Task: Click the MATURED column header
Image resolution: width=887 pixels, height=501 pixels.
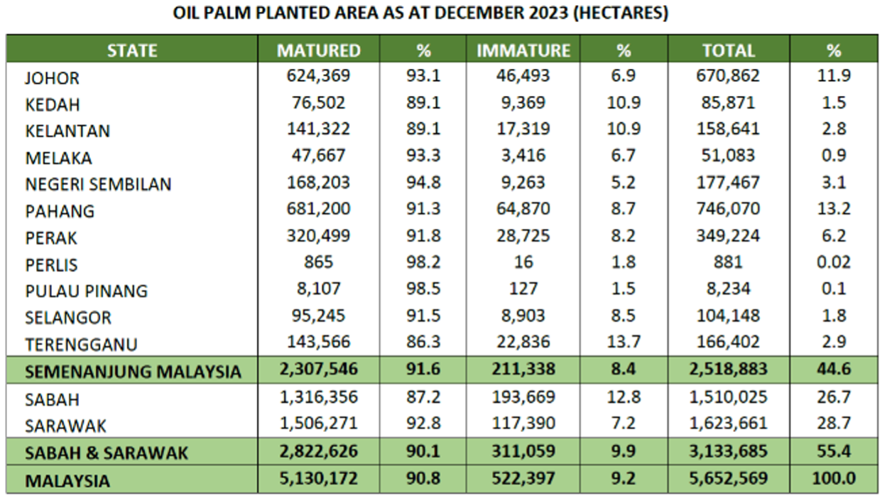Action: (319, 50)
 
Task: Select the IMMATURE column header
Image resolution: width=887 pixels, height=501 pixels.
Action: (523, 50)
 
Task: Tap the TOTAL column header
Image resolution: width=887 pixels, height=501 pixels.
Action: (728, 50)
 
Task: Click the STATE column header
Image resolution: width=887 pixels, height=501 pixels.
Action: (132, 50)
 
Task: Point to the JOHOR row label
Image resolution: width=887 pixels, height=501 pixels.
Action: (53, 78)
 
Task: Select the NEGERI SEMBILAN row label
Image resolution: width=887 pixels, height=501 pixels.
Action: (98, 184)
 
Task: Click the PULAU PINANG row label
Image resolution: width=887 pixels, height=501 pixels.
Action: (87, 291)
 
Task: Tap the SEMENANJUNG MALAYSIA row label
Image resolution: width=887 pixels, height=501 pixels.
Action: (133, 371)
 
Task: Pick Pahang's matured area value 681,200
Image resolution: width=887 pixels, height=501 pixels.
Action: (319, 209)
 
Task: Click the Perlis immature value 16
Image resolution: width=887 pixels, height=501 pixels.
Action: (523, 262)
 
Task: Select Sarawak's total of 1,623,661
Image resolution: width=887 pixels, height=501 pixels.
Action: (728, 424)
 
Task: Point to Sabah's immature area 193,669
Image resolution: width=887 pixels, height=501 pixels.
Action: (523, 397)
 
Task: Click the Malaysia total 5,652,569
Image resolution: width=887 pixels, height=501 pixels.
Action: (728, 479)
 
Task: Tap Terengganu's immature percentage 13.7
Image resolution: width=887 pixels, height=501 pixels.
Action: (624, 343)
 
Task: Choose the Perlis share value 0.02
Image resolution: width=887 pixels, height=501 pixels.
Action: (833, 262)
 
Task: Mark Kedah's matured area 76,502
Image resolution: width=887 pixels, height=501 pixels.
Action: (319, 102)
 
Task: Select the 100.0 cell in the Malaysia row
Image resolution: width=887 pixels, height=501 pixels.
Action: (833, 479)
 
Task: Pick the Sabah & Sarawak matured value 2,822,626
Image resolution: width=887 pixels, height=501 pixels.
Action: (319, 451)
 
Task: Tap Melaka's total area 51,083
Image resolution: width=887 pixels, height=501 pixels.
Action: (728, 156)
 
